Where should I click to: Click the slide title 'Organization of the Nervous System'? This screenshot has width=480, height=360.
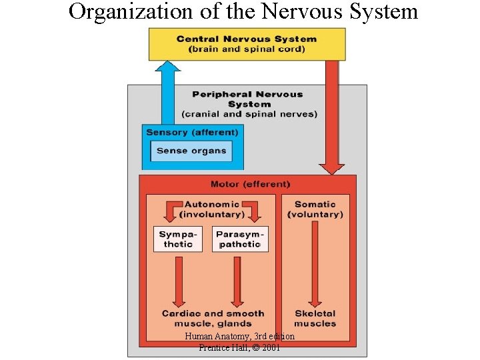pos(243,12)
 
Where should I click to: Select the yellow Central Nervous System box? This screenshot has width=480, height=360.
pos(247,44)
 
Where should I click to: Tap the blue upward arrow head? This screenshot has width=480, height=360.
pos(167,67)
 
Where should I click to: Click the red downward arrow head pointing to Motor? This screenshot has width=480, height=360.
pos(331,167)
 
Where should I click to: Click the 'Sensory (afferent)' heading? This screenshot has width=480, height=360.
pos(192,132)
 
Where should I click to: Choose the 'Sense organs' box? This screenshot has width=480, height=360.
pos(191,151)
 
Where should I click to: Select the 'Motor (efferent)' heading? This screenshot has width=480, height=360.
pos(250,184)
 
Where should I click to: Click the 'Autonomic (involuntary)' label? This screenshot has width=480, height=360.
pos(212,209)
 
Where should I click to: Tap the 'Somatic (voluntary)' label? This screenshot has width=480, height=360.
pos(315,209)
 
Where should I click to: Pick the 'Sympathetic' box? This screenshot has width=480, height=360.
pos(177,239)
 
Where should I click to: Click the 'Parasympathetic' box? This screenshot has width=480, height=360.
pos(240,239)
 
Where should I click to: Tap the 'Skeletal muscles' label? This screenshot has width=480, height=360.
pos(315,318)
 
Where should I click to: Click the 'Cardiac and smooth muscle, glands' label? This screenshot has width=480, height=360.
pos(213,318)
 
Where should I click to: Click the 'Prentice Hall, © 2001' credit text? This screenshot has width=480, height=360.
pos(239,348)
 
